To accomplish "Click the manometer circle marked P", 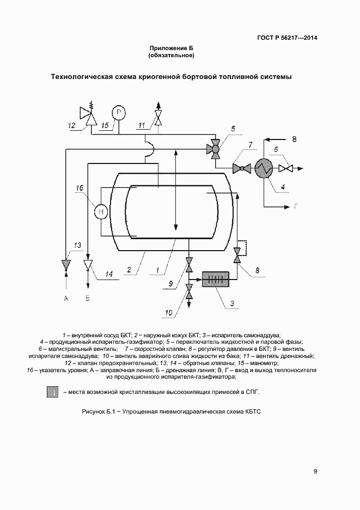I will pyautogui.click(x=119, y=112).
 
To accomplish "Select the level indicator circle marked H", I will pyautogui.click(x=101, y=211).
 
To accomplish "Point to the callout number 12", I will pyautogui.click(x=71, y=125).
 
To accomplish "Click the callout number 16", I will pyautogui.click(x=80, y=188).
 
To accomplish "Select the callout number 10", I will pyautogui.click(x=169, y=312).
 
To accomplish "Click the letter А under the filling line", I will pyautogui.click(x=66, y=298).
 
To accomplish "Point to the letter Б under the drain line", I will pyautogui.click(x=88, y=298).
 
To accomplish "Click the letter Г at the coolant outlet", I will pyautogui.click(x=296, y=207).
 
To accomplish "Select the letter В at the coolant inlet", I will pyautogui.click(x=295, y=139).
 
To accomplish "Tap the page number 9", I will pyautogui.click(x=315, y=471).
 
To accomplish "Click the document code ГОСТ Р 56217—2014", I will pyautogui.click(x=288, y=38).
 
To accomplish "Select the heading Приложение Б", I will pyautogui.click(x=172, y=48).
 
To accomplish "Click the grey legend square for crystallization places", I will pyautogui.click(x=52, y=392).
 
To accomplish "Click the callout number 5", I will pyautogui.click(x=233, y=129).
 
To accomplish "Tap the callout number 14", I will pyautogui.click(x=109, y=274).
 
